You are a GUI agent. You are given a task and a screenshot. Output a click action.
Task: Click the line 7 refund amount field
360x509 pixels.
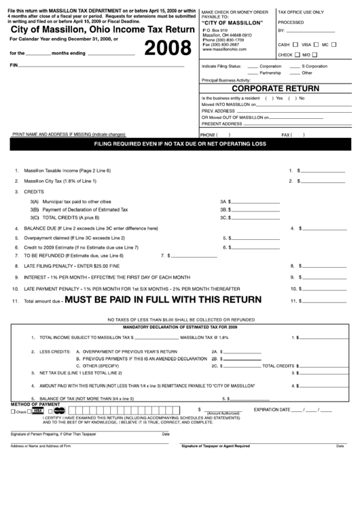point(192,256)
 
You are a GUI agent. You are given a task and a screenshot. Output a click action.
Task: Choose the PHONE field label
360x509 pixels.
point(208,135)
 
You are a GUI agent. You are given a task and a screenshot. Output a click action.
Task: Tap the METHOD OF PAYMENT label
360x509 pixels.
point(31,404)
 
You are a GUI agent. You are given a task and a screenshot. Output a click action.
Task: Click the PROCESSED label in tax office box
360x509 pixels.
point(291,22)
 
